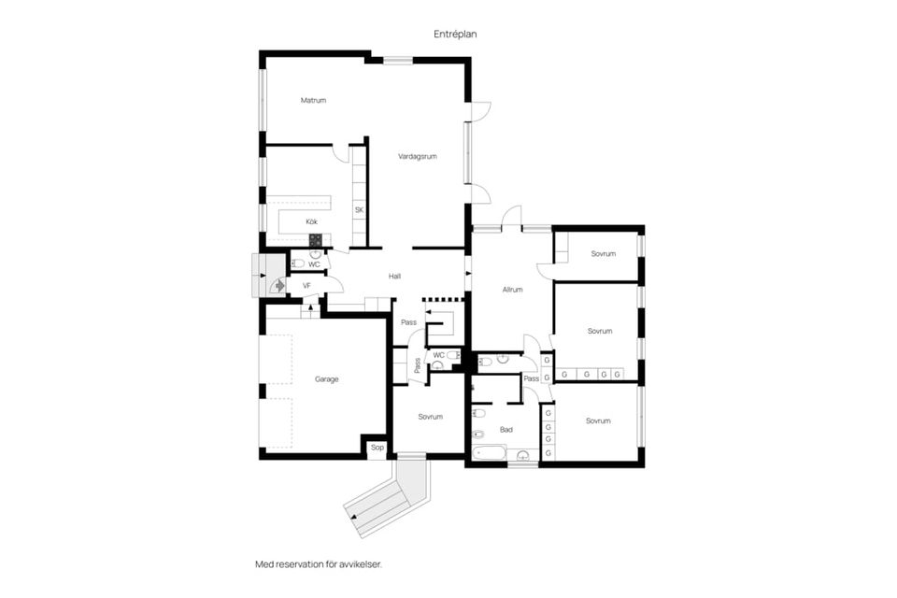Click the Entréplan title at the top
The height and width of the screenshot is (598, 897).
pos(455,35)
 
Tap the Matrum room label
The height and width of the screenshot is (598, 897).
pos(314,101)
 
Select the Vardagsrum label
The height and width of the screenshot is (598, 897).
pos(418,156)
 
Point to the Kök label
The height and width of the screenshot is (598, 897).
pos(312,221)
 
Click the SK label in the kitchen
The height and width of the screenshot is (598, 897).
pos(359,210)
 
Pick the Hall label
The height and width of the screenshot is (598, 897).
pos(394,277)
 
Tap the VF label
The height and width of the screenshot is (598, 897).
pos(306,286)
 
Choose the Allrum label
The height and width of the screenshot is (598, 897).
pos(513,290)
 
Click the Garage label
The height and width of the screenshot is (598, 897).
pos(327,379)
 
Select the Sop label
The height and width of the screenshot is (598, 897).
pos(377,448)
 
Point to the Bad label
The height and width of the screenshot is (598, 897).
pos(506,430)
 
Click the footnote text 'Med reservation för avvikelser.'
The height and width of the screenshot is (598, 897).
pos(319,564)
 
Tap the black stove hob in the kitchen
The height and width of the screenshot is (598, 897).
pos(315,240)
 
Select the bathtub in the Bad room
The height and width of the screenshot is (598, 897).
pos(489,454)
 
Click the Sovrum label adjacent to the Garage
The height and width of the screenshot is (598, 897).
pos(430,417)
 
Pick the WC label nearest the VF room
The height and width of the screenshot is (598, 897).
pos(314,265)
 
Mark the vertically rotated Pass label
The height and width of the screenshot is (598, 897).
pos(418,365)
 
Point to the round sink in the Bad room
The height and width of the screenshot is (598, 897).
pos(523,456)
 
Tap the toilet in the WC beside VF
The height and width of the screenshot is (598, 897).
pos(297,263)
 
